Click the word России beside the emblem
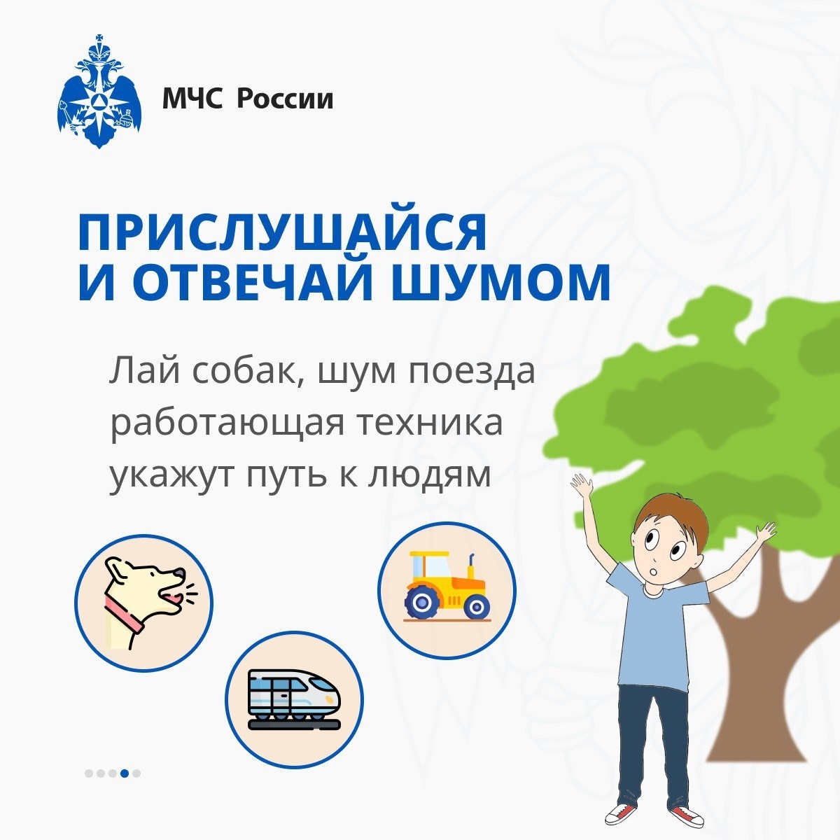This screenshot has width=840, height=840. [x=286, y=99]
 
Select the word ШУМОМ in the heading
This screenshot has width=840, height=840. [x=500, y=283]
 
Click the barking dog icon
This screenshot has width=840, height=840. [x=144, y=603]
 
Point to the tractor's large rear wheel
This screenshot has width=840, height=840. [x=422, y=602]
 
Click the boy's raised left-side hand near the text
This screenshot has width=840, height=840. [x=582, y=485]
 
